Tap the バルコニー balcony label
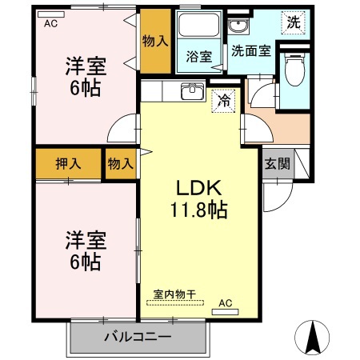click(x=137, y=337)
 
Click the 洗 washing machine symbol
click(x=294, y=23)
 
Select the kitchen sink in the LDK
click(x=190, y=91)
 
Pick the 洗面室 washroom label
click(x=250, y=50)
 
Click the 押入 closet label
click(x=68, y=163)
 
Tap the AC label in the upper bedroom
click(x=51, y=23)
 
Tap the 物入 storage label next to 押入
click(x=120, y=163)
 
